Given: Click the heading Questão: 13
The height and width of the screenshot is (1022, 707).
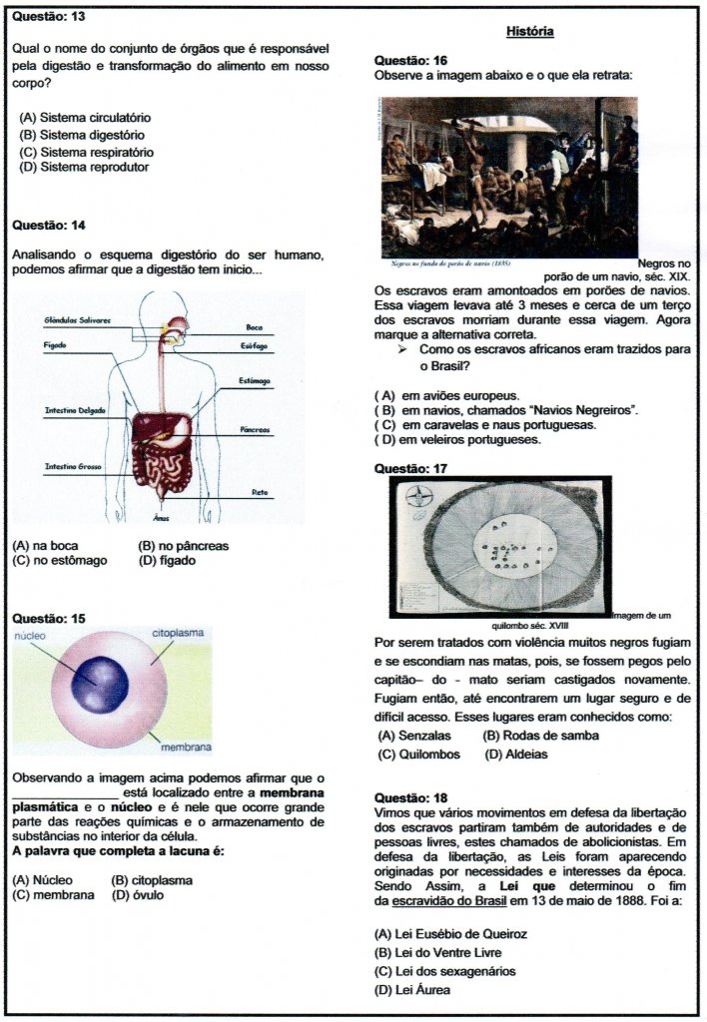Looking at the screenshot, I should tap(48, 18).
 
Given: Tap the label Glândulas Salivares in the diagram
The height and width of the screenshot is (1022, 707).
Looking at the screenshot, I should tap(77, 320).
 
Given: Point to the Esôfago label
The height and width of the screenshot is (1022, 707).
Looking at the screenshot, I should tap(252, 345).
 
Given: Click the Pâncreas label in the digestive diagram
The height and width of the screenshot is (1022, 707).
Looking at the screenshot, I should tap(255, 429).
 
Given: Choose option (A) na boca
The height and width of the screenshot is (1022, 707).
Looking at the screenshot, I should tap(45, 546).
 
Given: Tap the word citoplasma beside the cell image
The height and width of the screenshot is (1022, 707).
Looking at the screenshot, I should tap(180, 633).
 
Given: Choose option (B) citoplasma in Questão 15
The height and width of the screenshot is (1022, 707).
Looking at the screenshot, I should tap(152, 880).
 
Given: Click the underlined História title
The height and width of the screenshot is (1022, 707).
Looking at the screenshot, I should tap(529, 32).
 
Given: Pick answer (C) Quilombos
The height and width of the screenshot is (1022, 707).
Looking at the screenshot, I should tap(419, 755).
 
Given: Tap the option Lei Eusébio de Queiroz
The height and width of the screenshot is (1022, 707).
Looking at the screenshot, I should tap(450, 934).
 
